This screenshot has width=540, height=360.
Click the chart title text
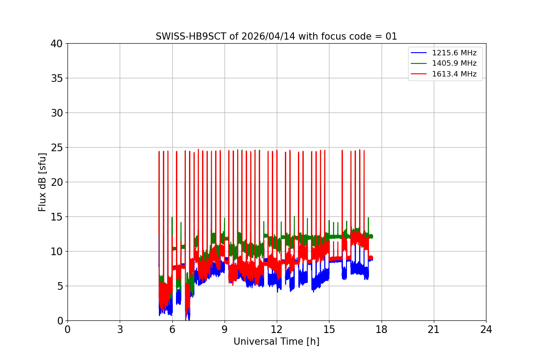[x=276, y=36]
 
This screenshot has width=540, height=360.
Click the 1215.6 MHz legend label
[x=454, y=53]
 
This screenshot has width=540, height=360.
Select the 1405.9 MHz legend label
[x=454, y=63]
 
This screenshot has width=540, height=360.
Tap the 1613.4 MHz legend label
[x=454, y=74]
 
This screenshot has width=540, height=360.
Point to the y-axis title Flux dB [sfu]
[x=42, y=182]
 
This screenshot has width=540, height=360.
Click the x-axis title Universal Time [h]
[x=276, y=342]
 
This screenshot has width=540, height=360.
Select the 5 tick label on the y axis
[x=60, y=286]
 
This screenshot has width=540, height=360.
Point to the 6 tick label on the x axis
[x=172, y=329]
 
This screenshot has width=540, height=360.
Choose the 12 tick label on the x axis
[x=277, y=329]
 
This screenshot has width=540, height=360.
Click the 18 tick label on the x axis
[x=381, y=329]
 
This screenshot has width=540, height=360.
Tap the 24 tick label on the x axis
[x=486, y=329]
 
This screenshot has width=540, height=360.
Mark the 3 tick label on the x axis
[x=120, y=329]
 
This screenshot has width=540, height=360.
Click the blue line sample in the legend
[x=419, y=53]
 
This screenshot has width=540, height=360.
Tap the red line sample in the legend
[x=419, y=74]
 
